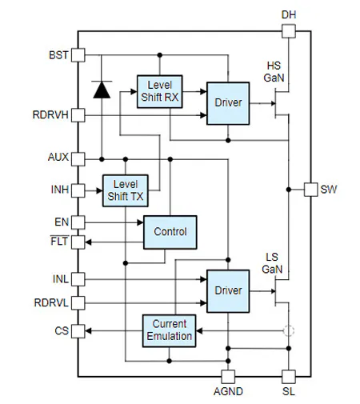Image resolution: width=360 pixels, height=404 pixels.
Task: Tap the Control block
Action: [170, 232]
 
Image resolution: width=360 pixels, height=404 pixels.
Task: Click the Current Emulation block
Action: [170, 330]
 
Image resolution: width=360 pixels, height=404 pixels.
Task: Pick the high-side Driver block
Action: [228, 102]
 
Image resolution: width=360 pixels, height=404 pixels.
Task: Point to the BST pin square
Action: [78, 54]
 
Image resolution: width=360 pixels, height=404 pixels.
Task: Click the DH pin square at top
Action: [288, 30]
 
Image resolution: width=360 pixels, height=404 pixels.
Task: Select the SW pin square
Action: [310, 190]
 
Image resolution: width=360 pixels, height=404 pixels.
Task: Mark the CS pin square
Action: [78, 330]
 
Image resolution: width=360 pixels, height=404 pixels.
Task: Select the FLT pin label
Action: [61, 240]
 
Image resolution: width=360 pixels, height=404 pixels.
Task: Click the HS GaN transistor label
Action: [274, 72]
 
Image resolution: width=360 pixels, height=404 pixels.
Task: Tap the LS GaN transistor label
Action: [272, 263]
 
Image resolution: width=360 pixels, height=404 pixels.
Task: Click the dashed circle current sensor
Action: [288, 330]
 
